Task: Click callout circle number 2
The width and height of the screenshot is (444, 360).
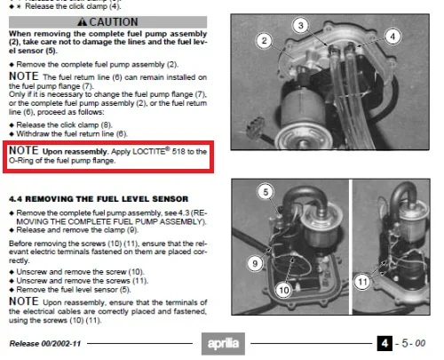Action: pyautogui.click(x=265, y=41)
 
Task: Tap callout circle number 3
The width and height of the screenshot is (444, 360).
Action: pyautogui.click(x=301, y=26)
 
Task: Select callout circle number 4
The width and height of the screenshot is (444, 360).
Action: pyautogui.click(x=392, y=36)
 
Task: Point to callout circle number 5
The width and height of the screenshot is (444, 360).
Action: pyautogui.click(x=266, y=192)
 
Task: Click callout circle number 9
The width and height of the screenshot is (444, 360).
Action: pyautogui.click(x=255, y=263)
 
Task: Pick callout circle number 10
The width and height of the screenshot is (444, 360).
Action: pyautogui.click(x=284, y=290)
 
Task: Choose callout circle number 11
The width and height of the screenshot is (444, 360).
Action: pyautogui.click(x=362, y=282)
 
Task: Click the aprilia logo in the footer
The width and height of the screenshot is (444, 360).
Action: pyautogui.click(x=223, y=343)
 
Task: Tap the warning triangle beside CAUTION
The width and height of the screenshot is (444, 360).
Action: pyautogui.click(x=82, y=21)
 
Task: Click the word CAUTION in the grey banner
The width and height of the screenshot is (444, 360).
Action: pyautogui.click(x=114, y=22)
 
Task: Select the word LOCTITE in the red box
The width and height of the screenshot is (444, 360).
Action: pyautogui.click(x=148, y=151)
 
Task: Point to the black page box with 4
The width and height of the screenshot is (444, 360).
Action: pyautogui.click(x=385, y=343)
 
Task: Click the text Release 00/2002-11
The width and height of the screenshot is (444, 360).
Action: pyautogui.click(x=45, y=344)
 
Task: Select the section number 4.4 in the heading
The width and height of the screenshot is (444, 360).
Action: pyautogui.click(x=15, y=199)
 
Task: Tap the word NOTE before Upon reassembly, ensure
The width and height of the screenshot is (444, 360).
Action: pyautogui.click(x=24, y=301)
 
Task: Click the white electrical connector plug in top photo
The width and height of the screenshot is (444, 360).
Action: pyautogui.click(x=254, y=128)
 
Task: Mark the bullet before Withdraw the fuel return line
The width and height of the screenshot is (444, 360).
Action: pyautogui.click(x=12, y=134)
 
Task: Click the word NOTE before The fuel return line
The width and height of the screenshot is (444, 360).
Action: pyautogui.click(x=24, y=76)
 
